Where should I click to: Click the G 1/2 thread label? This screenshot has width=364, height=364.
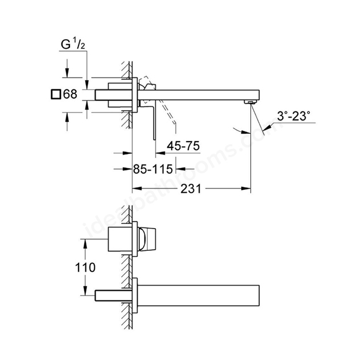click(73, 44)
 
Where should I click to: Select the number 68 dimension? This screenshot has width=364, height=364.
click(70, 94)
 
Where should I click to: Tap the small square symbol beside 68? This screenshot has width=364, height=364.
click(56, 94)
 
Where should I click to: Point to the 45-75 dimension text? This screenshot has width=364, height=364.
click(183, 146)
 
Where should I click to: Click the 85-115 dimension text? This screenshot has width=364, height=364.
click(153, 169)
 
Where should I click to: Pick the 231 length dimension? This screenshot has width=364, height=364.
click(191, 189)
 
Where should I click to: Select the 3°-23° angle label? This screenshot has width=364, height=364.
click(293, 116)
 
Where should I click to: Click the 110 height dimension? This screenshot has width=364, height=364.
click(85, 267)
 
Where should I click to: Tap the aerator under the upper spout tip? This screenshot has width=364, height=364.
click(250, 102)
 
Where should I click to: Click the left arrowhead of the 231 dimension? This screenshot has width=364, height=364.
click(136, 188)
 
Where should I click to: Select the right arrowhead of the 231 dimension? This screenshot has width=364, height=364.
click(246, 188)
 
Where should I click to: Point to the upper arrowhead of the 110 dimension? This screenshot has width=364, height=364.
click(85, 243)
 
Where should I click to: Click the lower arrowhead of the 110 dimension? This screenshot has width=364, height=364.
click(85, 291)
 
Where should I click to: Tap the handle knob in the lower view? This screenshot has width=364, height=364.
click(147, 239)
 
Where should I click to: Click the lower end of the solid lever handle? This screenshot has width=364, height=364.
click(154, 139)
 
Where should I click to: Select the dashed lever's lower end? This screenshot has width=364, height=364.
click(174, 123)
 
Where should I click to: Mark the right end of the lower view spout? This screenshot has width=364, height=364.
click(259, 295)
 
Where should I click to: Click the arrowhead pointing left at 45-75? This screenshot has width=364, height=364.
click(160, 153)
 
